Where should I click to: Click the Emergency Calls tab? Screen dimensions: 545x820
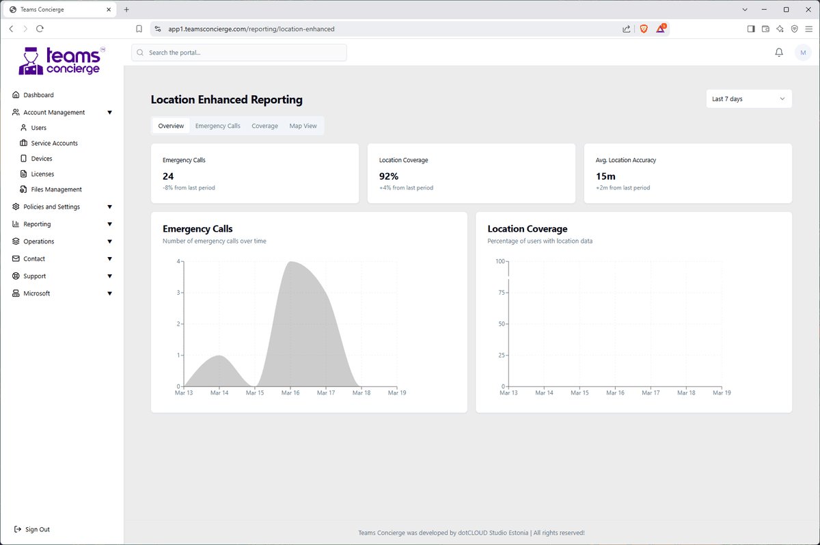click(x=217, y=126)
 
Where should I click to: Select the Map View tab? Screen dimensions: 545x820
click(x=303, y=126)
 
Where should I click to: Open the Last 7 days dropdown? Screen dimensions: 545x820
click(x=748, y=99)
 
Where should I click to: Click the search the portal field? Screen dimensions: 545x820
click(x=239, y=53)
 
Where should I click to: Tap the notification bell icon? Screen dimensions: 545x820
click(x=779, y=53)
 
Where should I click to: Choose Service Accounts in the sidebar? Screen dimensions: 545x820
click(x=54, y=144)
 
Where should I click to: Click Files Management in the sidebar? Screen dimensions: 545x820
click(x=56, y=189)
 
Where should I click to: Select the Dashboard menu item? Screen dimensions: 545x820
click(x=38, y=95)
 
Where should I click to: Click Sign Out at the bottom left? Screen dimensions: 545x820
click(x=37, y=529)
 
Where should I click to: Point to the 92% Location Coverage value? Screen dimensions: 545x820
click(x=389, y=176)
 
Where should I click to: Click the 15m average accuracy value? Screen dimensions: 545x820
click(x=605, y=176)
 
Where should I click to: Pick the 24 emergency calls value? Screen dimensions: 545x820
click(x=168, y=176)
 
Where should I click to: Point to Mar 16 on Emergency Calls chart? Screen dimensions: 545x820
click(x=290, y=393)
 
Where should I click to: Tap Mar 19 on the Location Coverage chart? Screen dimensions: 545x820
click(x=722, y=393)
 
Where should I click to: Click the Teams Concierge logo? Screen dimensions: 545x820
click(x=60, y=61)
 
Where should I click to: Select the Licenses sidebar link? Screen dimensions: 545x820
click(x=42, y=174)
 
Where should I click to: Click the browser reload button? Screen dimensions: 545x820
click(x=40, y=29)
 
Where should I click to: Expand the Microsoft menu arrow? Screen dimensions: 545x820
click(x=109, y=293)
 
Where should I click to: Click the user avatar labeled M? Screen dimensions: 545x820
click(x=803, y=53)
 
